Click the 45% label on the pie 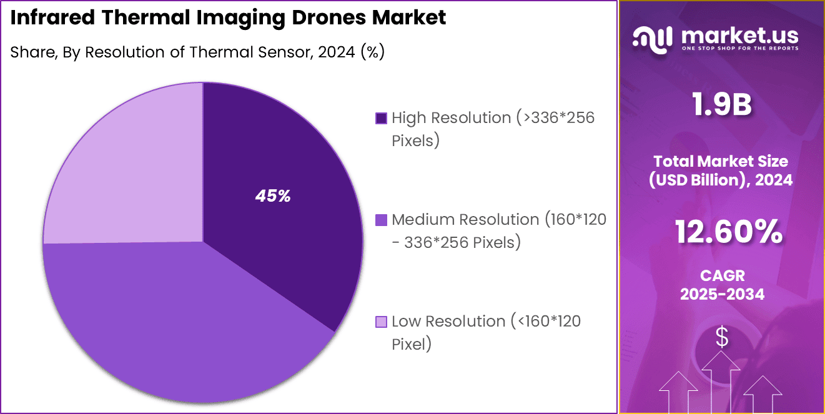click(273, 196)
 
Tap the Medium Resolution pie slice click(181, 325)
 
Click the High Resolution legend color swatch click(381, 118)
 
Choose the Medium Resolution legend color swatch click(381, 220)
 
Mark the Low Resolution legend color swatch click(381, 322)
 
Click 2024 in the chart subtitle click(338, 52)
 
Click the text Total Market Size click(722, 161)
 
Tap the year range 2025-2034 click(722, 294)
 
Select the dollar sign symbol click(722, 338)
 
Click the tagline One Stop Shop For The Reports click(739, 49)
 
